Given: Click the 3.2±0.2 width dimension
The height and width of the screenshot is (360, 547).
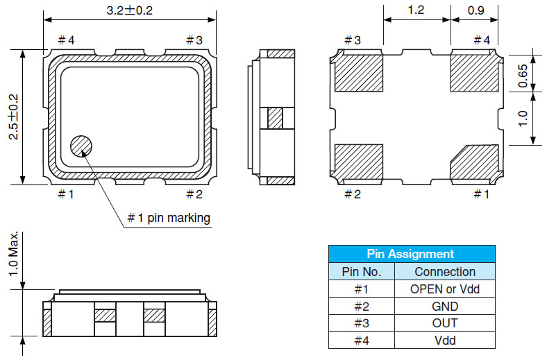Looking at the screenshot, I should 129,12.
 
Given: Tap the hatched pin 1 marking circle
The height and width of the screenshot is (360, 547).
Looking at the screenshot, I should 81,146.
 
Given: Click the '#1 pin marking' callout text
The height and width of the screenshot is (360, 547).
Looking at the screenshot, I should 168,218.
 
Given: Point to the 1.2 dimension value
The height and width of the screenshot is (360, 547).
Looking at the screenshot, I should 416,11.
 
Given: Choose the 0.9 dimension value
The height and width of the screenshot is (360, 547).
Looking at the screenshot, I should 476,11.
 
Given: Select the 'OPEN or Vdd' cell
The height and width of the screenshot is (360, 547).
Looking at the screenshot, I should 445,289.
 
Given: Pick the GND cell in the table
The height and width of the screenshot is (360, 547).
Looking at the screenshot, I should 445,306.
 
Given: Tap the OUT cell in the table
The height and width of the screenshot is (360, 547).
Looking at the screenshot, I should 445,323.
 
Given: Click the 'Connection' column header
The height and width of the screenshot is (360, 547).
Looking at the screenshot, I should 445,272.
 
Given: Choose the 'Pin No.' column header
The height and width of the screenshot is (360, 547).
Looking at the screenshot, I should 360,272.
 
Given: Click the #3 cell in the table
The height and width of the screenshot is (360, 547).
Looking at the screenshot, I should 360,323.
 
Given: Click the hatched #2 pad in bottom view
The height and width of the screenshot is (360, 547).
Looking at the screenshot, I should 359,162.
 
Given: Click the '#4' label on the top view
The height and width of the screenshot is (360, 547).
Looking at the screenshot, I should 66,40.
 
